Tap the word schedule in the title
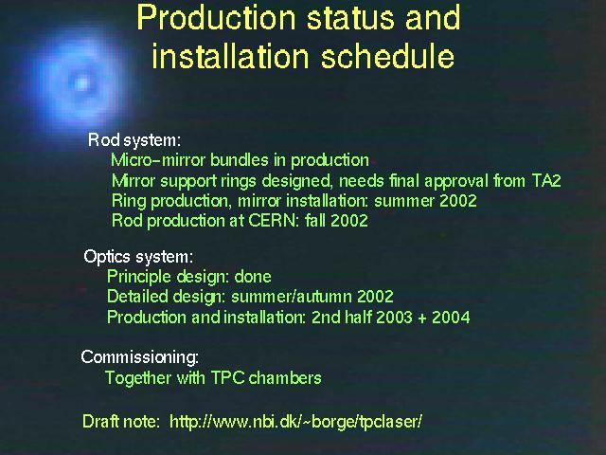pyautogui.click(x=387, y=56)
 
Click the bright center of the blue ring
pyautogui.click(x=81, y=83)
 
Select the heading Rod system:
pyautogui.click(x=134, y=140)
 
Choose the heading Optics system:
pyautogui.click(x=138, y=257)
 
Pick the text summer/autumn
pyautogui.click(x=292, y=297)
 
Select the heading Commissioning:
pyautogui.click(x=139, y=357)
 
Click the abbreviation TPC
pyautogui.click(x=227, y=377)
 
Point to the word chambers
pyautogui.click(x=285, y=377)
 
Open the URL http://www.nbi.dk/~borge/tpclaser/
pyautogui.click(x=295, y=421)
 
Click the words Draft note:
pyautogui.click(x=121, y=421)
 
